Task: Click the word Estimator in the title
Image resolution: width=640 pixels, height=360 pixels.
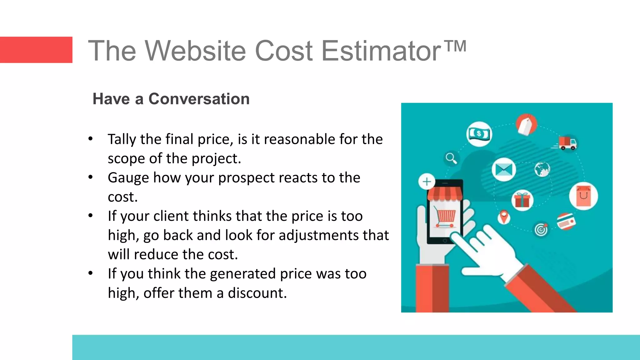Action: click(381, 51)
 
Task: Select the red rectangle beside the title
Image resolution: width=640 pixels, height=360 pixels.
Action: click(36, 50)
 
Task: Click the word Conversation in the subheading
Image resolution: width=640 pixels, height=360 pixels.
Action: click(199, 99)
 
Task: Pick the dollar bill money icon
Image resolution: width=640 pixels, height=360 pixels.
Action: click(479, 134)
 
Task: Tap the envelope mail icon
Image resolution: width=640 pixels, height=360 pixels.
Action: click(503, 170)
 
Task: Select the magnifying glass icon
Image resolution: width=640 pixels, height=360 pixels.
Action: click(451, 158)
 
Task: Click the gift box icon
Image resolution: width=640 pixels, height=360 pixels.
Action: click(522, 200)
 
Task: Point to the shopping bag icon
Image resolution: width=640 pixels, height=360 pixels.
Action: click(583, 196)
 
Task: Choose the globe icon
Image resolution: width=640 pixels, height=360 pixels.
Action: click(542, 169)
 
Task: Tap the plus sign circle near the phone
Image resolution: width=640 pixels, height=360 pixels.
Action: click(427, 182)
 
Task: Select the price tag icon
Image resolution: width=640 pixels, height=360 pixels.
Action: click(526, 124)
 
